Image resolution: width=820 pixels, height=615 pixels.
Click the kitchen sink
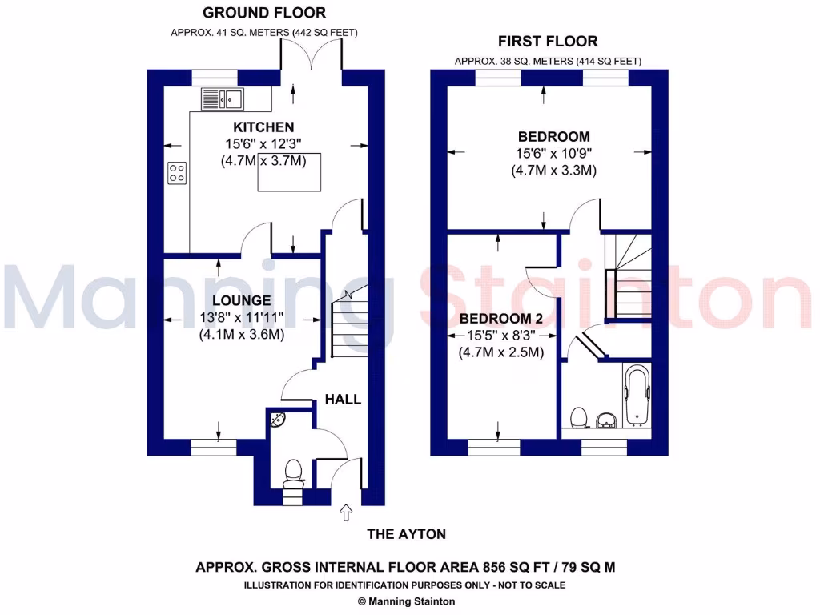click(x=222, y=98)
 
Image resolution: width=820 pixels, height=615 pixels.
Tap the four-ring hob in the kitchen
click(x=177, y=173)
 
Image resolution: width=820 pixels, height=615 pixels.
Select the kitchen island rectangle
click(x=289, y=172)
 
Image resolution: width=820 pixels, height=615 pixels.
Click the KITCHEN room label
click(x=263, y=127)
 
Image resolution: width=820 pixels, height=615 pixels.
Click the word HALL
click(x=343, y=400)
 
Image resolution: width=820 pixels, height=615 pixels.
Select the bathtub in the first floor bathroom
click(x=637, y=395)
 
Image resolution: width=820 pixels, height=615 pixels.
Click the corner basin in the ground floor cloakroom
click(x=277, y=419)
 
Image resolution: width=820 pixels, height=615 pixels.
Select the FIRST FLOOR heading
click(x=548, y=42)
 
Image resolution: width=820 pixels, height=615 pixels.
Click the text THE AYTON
click(x=406, y=534)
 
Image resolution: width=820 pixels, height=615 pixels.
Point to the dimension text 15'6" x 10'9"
click(x=553, y=154)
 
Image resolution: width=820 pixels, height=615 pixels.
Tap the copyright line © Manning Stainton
click(x=406, y=601)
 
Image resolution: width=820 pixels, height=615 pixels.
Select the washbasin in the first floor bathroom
click(x=606, y=418)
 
